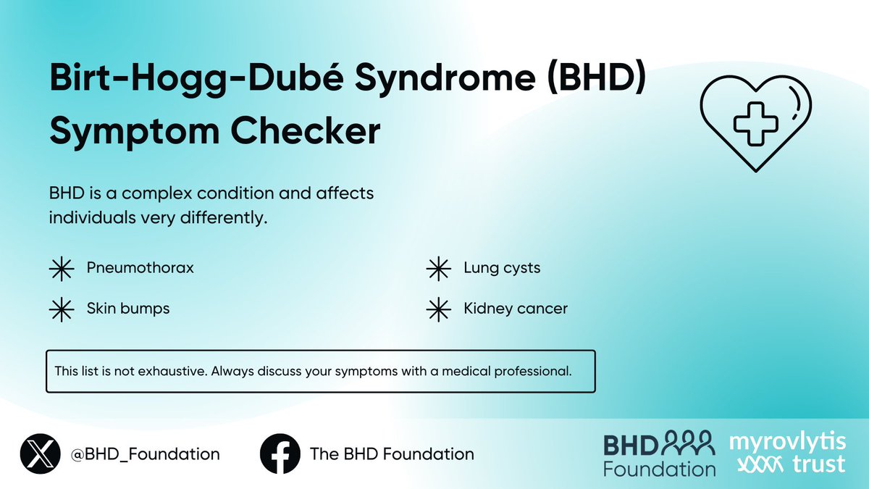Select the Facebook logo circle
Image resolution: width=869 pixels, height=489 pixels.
[x=280, y=454]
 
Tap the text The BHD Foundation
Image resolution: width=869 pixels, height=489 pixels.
[x=392, y=455]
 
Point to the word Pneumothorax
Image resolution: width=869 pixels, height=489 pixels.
[x=140, y=268]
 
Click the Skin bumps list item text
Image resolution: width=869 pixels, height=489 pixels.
[x=128, y=309]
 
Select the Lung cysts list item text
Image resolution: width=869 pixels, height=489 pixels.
[x=502, y=268]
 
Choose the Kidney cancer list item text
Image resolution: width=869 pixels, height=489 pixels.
[x=516, y=309]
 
